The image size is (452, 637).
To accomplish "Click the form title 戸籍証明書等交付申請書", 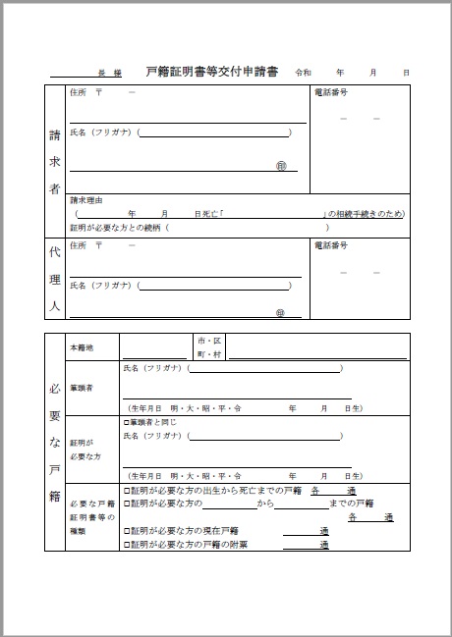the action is [211, 72].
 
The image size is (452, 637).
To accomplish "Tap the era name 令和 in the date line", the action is [304, 73].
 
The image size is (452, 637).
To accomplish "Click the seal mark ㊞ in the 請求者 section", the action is [281, 167].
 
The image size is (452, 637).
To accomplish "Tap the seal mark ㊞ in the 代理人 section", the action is [281, 313].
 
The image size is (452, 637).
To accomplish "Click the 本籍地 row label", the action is [82, 347].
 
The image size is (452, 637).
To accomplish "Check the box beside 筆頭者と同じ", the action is [126, 421].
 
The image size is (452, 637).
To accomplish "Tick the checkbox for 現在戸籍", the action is [126, 530].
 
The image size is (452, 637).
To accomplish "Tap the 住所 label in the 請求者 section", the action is [79, 92].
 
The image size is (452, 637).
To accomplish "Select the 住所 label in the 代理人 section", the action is [79, 244].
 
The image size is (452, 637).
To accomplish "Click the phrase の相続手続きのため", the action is [366, 214].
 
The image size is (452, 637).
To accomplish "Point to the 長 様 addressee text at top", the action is [109, 74].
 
